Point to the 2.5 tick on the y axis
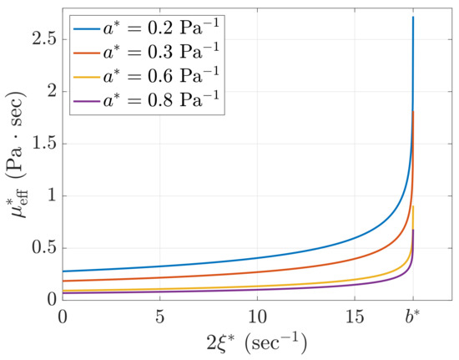tap(44, 38)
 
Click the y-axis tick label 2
tap(52, 91)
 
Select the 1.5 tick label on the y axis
tap(44, 144)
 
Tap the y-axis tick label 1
tap(52, 196)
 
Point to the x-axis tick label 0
tap(63, 317)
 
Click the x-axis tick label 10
tap(258, 317)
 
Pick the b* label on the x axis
tap(412, 317)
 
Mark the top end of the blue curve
tap(413, 17)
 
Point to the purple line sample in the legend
tap(87, 102)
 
